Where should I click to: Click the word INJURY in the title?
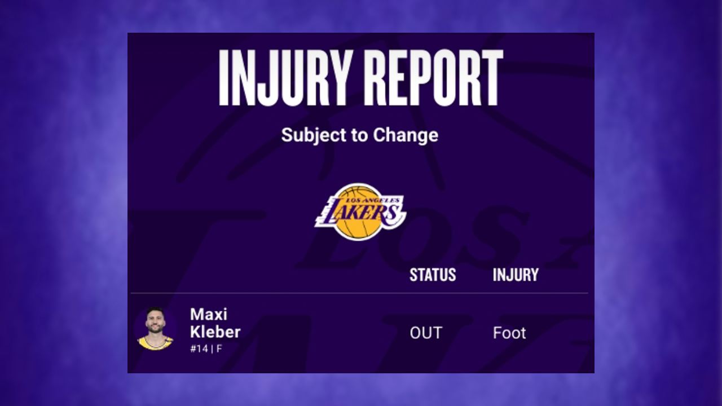tap(285, 78)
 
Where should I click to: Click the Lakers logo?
tap(360, 211)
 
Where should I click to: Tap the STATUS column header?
tap(433, 275)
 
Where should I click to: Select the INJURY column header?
tap(516, 275)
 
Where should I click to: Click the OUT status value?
tap(426, 333)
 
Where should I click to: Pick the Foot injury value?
tap(509, 333)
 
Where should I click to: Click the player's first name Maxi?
tap(208, 314)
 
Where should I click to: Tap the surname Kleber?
tap(215, 332)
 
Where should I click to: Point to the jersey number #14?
tap(199, 348)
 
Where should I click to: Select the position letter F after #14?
tap(219, 348)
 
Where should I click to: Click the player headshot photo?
tap(155, 328)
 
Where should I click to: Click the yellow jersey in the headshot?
tap(155, 343)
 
